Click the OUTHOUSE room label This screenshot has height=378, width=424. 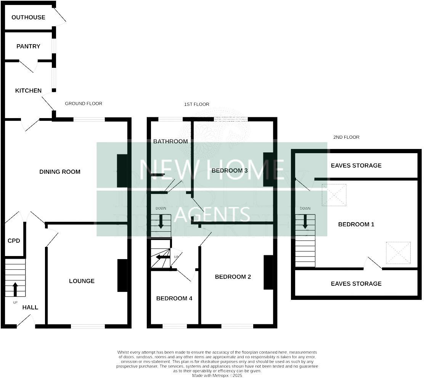click(x=28, y=17)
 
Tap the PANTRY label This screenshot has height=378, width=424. click(x=28, y=46)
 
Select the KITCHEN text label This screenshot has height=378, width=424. click(x=28, y=90)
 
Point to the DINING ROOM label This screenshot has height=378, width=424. click(x=60, y=171)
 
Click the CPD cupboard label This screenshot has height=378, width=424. click(x=14, y=240)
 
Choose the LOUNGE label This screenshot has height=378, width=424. click(x=82, y=281)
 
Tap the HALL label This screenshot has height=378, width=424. click(x=30, y=307)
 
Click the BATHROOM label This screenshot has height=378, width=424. click(x=170, y=141)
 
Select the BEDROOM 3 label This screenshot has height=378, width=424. click(x=230, y=170)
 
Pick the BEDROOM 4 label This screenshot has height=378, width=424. click(x=174, y=298)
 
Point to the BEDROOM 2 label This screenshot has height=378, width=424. click(x=233, y=277)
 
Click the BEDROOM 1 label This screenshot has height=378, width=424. click(x=356, y=224)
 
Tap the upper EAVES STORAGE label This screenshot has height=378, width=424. click(x=356, y=165)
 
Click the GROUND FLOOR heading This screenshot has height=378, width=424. click(x=84, y=103)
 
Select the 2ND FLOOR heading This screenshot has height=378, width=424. click(x=346, y=137)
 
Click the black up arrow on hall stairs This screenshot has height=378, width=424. click(x=15, y=289)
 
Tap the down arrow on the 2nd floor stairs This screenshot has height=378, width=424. click(x=305, y=222)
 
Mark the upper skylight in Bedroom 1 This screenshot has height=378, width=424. click(x=334, y=195)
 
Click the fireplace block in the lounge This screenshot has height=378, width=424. click(x=122, y=275)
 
